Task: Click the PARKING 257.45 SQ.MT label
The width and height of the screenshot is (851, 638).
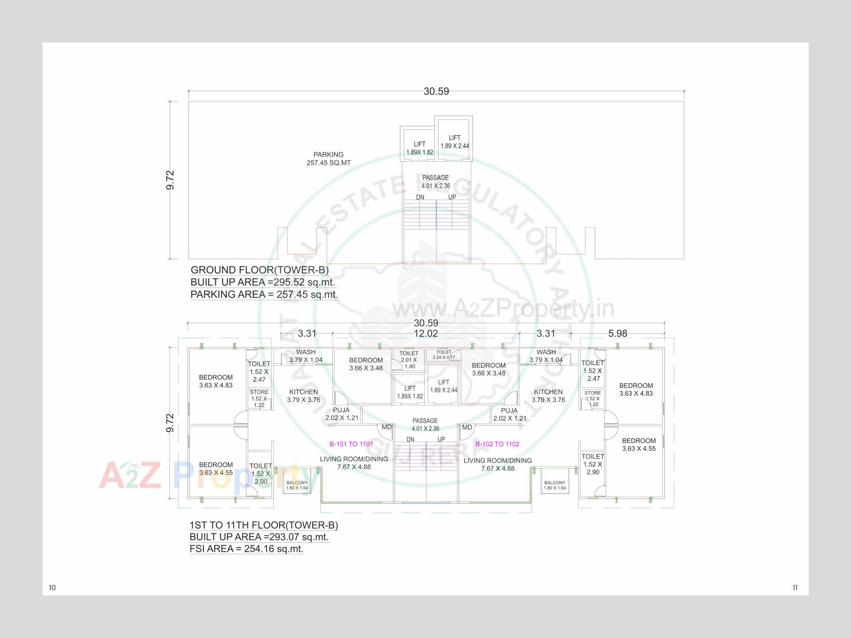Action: pos(328,159)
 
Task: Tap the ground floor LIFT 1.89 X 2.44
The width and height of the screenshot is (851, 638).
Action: pos(454,142)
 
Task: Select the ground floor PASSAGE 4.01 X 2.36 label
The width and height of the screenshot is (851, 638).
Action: pos(435,182)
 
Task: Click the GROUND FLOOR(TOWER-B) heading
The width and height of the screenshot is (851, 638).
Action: pos(259,270)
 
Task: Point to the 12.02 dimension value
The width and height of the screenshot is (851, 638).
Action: pos(425,334)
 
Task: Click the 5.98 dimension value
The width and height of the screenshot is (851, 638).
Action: pos(617,334)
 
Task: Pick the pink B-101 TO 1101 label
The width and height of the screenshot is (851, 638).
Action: pos(351,444)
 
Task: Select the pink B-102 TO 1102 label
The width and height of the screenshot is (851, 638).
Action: pos(497,444)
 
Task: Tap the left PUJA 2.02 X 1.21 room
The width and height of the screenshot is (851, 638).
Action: pos(341,414)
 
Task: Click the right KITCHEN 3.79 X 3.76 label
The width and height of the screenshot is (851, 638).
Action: pos(548,396)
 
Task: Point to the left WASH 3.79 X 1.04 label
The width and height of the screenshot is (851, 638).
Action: pos(306,356)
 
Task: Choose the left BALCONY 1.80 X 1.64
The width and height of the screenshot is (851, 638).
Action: pos(297,485)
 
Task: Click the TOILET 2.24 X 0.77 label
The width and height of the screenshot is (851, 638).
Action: pos(443,354)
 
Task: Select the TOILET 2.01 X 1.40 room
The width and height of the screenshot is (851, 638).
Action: pos(409,360)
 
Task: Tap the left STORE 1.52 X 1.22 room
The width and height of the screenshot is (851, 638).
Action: pos(259,398)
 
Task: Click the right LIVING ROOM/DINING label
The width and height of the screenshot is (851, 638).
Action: pos(497,464)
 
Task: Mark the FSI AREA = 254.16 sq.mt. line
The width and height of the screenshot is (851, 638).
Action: pos(246,549)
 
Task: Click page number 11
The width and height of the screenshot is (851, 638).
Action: pos(795,587)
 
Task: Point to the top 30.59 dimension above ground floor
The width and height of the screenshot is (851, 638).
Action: pos(436,91)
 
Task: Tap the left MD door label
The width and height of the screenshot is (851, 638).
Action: pos(386,427)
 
